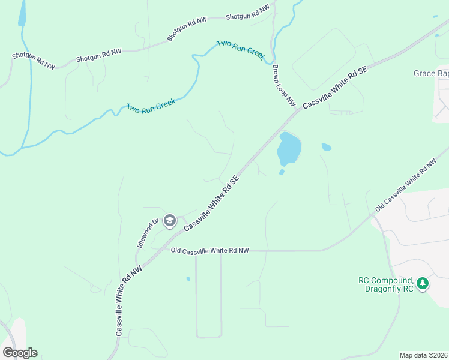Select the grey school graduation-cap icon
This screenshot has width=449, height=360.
pos(169,221)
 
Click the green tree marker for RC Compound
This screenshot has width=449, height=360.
pos(423,283)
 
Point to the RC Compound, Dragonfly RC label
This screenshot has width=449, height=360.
pos(386,284)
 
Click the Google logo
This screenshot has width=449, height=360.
pos(20,353)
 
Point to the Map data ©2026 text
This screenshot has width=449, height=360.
pos(424,355)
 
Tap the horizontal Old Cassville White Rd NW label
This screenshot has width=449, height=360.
pos(209,250)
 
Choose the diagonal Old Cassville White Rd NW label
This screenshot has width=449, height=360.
pos(406,185)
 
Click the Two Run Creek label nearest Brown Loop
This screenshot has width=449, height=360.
pos(241,49)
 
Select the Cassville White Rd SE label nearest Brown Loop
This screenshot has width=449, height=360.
pos(334,86)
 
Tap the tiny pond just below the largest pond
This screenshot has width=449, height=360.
pos(282,172)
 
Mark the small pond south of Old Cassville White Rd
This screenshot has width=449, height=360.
pos(188,279)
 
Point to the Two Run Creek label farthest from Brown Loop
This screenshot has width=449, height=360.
pos(151,106)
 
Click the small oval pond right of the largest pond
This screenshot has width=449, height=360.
pos(326,146)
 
